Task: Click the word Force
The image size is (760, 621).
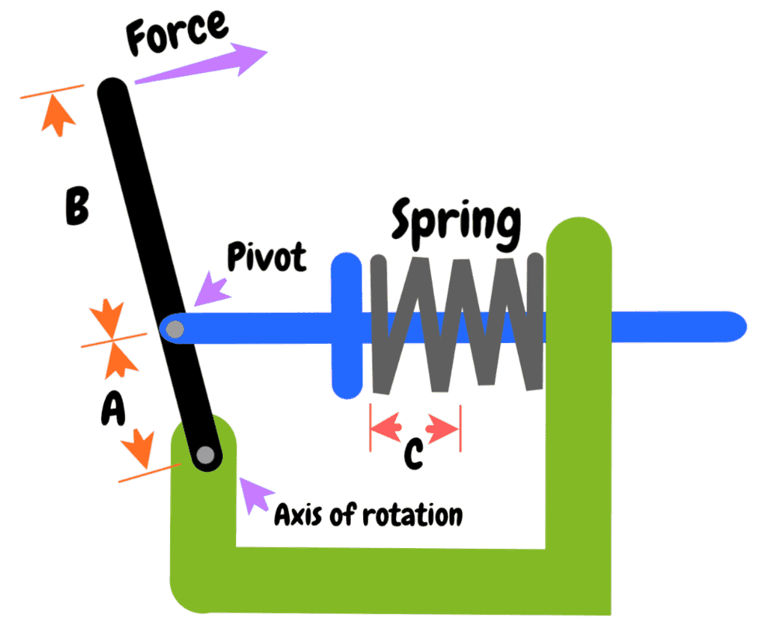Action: coord(177,33)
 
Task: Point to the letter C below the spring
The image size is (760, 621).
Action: coord(413,453)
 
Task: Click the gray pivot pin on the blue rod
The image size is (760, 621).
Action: coord(175,329)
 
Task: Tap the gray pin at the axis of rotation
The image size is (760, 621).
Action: coord(206,456)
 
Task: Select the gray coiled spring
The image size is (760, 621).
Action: coord(456,322)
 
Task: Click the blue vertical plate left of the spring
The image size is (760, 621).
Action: coord(346,326)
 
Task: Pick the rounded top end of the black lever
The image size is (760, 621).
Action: coord(112,90)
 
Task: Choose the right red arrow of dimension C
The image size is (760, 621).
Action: coord(443,426)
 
